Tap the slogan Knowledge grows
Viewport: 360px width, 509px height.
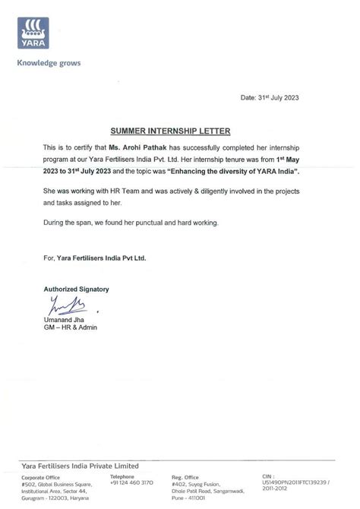[x=49, y=63]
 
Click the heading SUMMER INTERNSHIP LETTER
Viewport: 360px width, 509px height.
[x=179, y=131]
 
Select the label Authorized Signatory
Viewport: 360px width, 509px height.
[x=76, y=289]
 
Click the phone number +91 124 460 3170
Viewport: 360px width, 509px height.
[x=131, y=483]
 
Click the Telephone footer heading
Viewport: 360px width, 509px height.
[x=127, y=476]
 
